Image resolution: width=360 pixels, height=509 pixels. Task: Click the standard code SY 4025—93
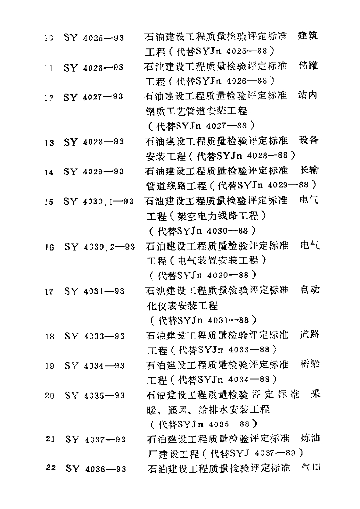(94, 37)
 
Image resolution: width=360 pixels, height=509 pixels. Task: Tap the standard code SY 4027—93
(94, 98)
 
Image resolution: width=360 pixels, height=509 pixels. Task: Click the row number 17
(49, 291)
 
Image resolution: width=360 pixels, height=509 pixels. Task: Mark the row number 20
(49, 396)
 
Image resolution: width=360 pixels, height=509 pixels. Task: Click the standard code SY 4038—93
(95, 469)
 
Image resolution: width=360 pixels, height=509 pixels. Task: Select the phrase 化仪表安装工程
(181, 305)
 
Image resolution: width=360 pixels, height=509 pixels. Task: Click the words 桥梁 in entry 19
(309, 364)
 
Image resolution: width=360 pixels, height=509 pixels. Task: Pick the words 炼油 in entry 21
(310, 439)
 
